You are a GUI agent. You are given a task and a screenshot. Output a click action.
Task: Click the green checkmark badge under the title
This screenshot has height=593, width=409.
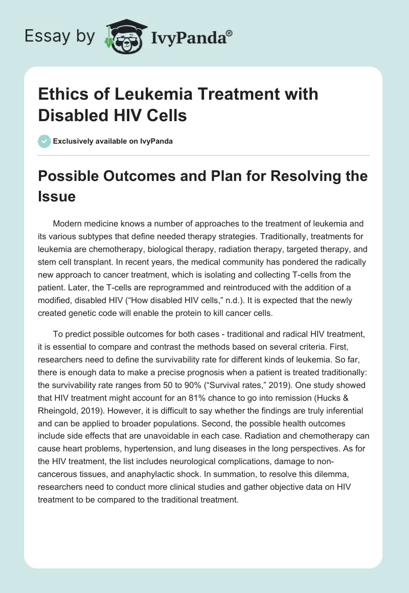click(45, 141)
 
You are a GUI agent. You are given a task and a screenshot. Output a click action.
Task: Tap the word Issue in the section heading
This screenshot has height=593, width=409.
click(57, 196)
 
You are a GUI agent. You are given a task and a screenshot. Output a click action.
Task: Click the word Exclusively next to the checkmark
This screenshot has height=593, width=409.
click(77, 142)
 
